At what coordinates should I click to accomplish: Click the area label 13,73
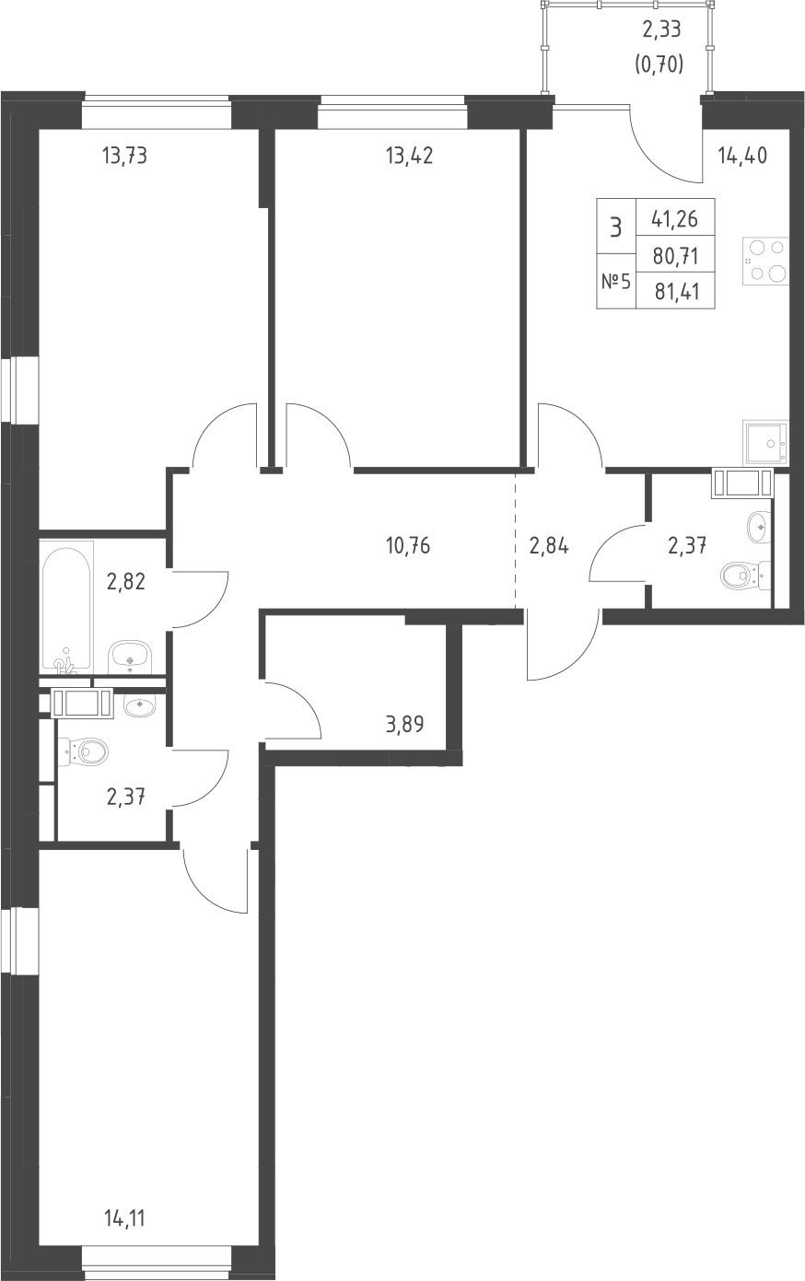(x=124, y=156)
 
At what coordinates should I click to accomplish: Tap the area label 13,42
(x=410, y=156)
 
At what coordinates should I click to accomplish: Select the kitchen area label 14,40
(x=742, y=156)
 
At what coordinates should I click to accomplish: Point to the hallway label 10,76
(x=408, y=546)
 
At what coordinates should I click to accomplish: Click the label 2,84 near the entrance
(x=549, y=546)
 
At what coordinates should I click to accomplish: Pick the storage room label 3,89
(x=404, y=725)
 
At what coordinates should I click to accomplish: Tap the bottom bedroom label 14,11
(x=124, y=1218)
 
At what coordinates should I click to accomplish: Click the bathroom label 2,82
(x=126, y=582)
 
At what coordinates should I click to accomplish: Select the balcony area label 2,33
(x=661, y=29)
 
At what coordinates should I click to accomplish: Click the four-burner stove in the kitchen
(x=764, y=261)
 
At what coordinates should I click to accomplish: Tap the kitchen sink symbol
(x=765, y=443)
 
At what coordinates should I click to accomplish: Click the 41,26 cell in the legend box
(x=675, y=218)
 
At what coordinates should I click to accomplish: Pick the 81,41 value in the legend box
(x=676, y=292)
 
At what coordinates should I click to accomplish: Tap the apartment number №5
(x=615, y=282)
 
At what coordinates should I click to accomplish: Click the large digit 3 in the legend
(x=615, y=228)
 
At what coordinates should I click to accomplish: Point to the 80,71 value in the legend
(x=676, y=256)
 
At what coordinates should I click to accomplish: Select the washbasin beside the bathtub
(x=131, y=658)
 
